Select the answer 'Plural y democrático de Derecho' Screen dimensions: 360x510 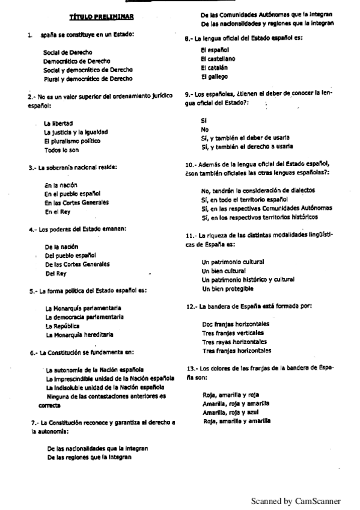pos(88,79)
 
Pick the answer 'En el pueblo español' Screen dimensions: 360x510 pos(73,194)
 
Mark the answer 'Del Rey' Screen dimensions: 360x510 pos(56,273)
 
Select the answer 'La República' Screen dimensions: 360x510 pos(63,325)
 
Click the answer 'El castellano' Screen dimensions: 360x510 pos(218,59)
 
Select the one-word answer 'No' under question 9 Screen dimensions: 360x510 pos(205,129)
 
